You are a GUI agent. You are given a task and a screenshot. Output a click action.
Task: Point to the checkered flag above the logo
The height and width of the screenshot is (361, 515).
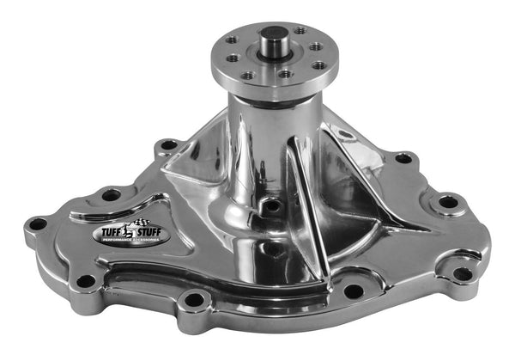click(133, 219)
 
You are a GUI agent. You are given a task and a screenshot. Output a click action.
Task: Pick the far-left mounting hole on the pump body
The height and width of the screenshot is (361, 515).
click(37, 224)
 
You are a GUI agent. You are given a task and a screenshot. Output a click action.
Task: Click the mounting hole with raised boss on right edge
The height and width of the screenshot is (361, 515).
click(448, 203)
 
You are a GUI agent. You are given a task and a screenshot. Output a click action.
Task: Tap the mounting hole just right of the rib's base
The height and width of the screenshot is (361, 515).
click(353, 291)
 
